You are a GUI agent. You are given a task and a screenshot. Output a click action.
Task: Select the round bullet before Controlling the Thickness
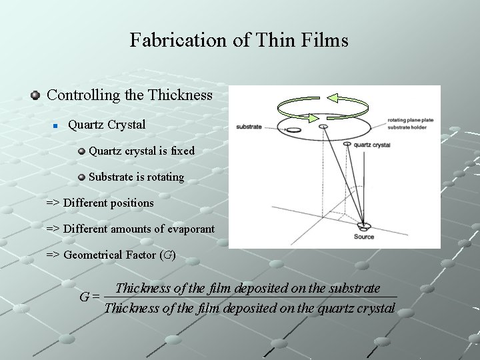pos(36,95)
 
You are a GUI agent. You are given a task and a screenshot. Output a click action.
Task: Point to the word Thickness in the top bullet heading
pos(180,95)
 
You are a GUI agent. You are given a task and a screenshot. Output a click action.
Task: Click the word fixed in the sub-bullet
pos(183,151)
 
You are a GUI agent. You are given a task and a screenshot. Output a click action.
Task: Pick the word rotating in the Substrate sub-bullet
pos(162,177)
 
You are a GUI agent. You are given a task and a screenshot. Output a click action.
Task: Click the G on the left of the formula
pos(85,297)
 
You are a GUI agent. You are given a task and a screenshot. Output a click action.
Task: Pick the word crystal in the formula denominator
pos(375,308)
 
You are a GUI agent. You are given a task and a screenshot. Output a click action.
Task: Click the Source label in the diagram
pos(364,237)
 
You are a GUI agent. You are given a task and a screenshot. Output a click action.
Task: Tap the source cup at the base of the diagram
pos(364,226)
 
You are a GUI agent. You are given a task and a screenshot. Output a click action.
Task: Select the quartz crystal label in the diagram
pos(372,145)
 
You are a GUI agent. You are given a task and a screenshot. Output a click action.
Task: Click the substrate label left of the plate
pos(249,127)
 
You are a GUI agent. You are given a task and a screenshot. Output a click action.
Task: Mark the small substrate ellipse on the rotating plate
pos(293,129)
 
